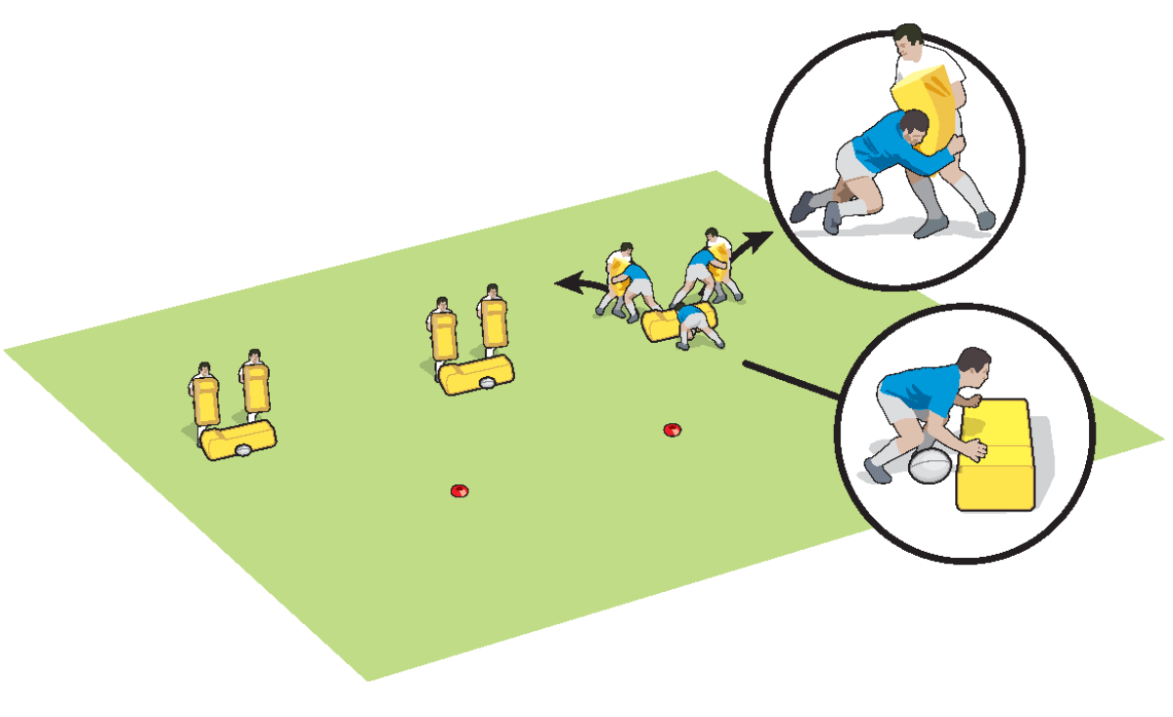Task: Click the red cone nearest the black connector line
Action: (672, 430)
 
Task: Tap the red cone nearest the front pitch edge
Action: (458, 490)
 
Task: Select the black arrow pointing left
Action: (578, 284)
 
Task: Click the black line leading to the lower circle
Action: (792, 380)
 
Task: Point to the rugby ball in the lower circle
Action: (930, 466)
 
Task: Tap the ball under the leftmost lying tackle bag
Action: (241, 451)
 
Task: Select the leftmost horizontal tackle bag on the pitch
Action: (239, 441)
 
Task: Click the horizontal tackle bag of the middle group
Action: (478, 374)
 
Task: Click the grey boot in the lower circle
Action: (876, 471)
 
